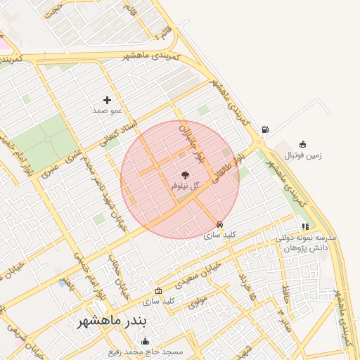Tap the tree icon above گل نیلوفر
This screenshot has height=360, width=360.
click(x=185, y=174)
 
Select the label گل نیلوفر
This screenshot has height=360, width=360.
click(x=185, y=186)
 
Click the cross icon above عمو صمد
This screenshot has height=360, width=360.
click(x=107, y=101)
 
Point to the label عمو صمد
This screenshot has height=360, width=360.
click(x=108, y=111)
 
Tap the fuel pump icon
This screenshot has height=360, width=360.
click(x=264, y=129)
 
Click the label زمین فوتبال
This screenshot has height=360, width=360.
click(x=303, y=155)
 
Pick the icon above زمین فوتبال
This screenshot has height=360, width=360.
click(x=303, y=144)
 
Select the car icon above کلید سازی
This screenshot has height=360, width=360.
click(x=219, y=224)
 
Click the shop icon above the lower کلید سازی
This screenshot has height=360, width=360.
click(x=158, y=290)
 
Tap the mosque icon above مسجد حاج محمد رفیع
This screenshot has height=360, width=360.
click(x=146, y=341)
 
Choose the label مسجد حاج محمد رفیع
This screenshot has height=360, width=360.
click(x=146, y=352)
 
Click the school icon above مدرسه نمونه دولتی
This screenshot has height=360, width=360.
click(x=305, y=226)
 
